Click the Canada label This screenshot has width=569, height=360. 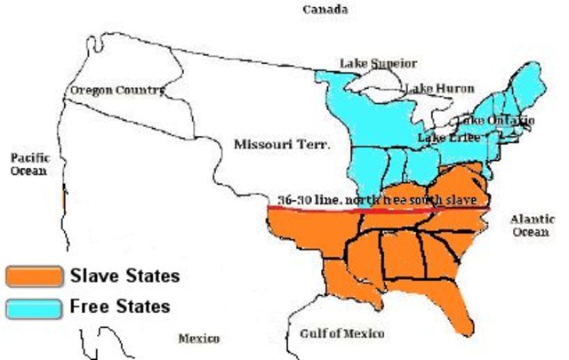point(325,10)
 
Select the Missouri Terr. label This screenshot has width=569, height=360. point(281,143)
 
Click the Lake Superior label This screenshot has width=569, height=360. point(378,63)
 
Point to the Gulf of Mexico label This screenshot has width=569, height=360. point(342,332)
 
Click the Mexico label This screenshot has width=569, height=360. point(198,338)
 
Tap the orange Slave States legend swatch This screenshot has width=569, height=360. point(34,276)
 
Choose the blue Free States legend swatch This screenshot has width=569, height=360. point(34,308)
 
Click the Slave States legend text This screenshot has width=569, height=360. point(124,276)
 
